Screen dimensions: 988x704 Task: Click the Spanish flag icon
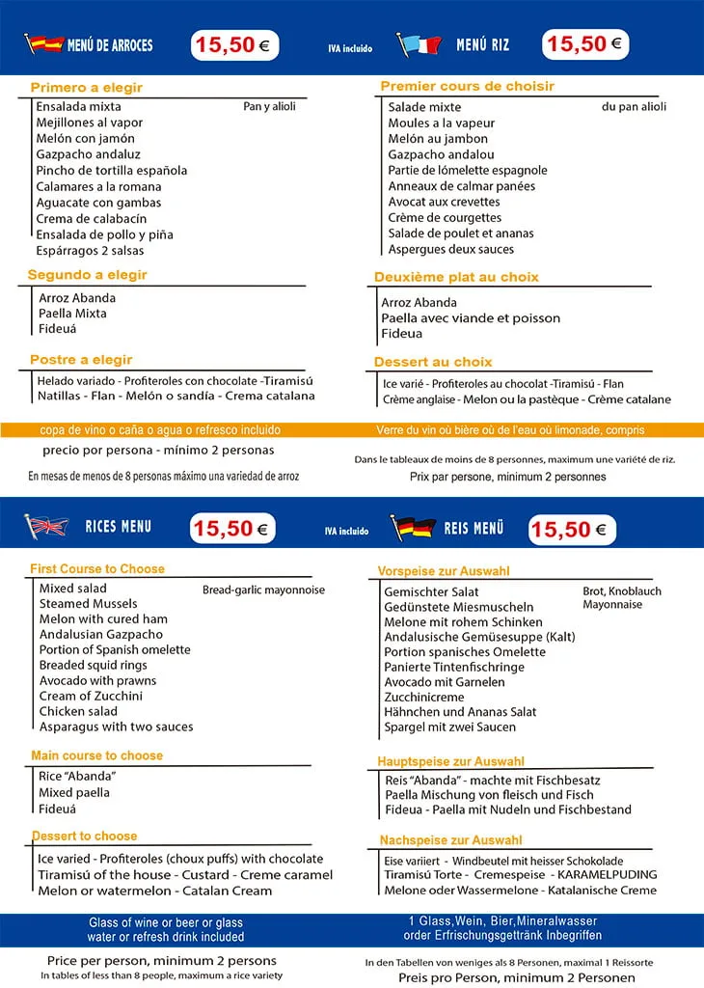42,44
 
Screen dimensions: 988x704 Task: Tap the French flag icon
420,44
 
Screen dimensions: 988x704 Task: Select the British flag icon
46,527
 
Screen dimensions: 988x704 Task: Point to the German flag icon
413,528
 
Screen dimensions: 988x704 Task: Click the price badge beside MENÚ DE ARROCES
234,45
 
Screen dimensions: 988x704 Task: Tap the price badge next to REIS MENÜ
571,529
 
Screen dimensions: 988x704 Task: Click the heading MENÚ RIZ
482,44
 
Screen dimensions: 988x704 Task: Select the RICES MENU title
118,527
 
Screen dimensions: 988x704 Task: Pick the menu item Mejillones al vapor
90,123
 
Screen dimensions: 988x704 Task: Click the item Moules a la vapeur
442,123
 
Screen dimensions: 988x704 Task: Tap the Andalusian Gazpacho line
101,634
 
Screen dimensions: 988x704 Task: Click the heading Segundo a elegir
88,275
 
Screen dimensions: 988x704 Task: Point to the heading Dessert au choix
433,362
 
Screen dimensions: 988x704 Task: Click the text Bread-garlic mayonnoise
263,590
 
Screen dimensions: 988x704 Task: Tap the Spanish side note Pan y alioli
269,107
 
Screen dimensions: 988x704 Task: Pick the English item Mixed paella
74,792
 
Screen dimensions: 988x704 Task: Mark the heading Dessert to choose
84,836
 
